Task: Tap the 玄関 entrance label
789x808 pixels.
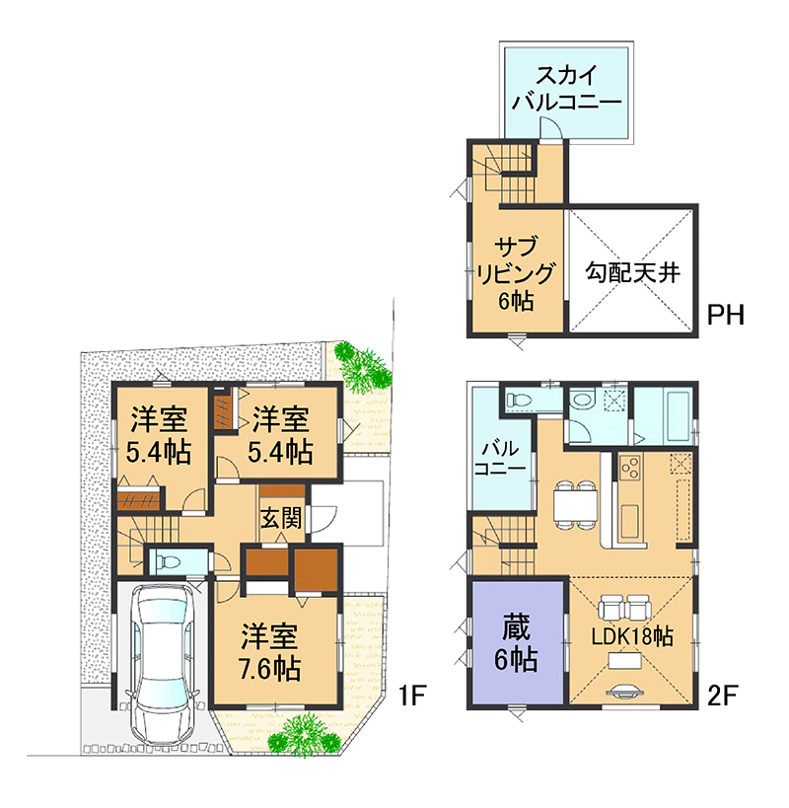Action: pyautogui.click(x=281, y=518)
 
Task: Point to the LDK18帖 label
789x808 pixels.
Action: pyautogui.click(x=631, y=637)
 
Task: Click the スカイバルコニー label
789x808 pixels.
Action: pyautogui.click(x=566, y=89)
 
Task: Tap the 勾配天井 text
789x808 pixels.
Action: pyautogui.click(x=632, y=271)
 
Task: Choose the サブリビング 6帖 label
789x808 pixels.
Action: pyautogui.click(x=516, y=273)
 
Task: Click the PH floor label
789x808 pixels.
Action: pyautogui.click(x=726, y=315)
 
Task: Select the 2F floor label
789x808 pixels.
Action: pyautogui.click(x=722, y=697)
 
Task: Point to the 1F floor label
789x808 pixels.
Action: pyautogui.click(x=412, y=697)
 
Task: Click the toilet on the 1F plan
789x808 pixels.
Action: pyautogui.click(x=168, y=560)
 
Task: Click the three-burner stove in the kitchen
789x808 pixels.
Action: pyautogui.click(x=630, y=468)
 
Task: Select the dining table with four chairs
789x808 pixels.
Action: pyautogui.click(x=575, y=504)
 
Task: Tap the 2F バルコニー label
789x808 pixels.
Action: pyautogui.click(x=500, y=458)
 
